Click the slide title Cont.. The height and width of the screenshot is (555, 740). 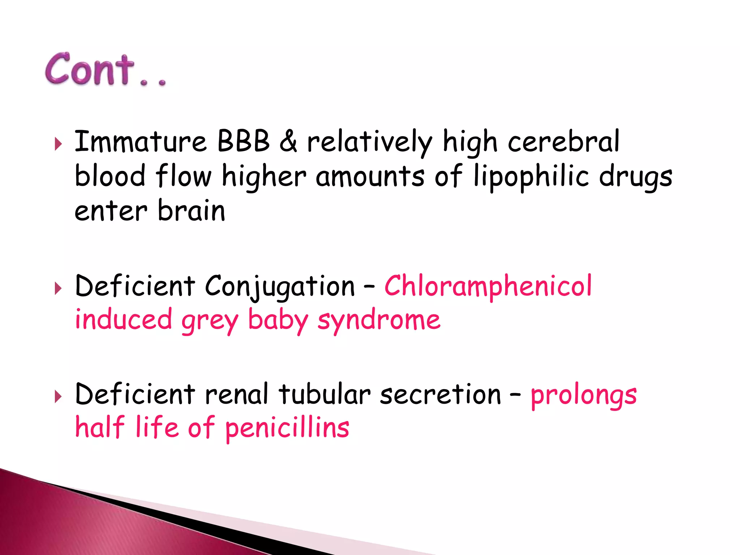pyautogui.click(x=105, y=70)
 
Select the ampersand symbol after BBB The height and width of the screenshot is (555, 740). pyautogui.click(x=288, y=141)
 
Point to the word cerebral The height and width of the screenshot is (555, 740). pyautogui.click(x=564, y=141)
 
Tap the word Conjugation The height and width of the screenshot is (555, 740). pyautogui.click(x=280, y=287)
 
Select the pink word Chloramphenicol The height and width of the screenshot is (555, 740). pyautogui.click(x=488, y=286)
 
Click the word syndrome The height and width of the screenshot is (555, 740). pyautogui.click(x=379, y=320)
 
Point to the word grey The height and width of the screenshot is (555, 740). pyautogui.click(x=210, y=321)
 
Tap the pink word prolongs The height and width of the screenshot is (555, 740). pyautogui.click(x=584, y=395)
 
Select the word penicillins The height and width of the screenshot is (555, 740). pyautogui.click(x=287, y=428)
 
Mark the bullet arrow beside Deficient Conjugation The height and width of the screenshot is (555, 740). pyautogui.click(x=58, y=288)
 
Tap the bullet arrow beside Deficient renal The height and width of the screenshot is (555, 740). pyautogui.click(x=58, y=396)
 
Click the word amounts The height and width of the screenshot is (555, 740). pyautogui.click(x=370, y=177)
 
